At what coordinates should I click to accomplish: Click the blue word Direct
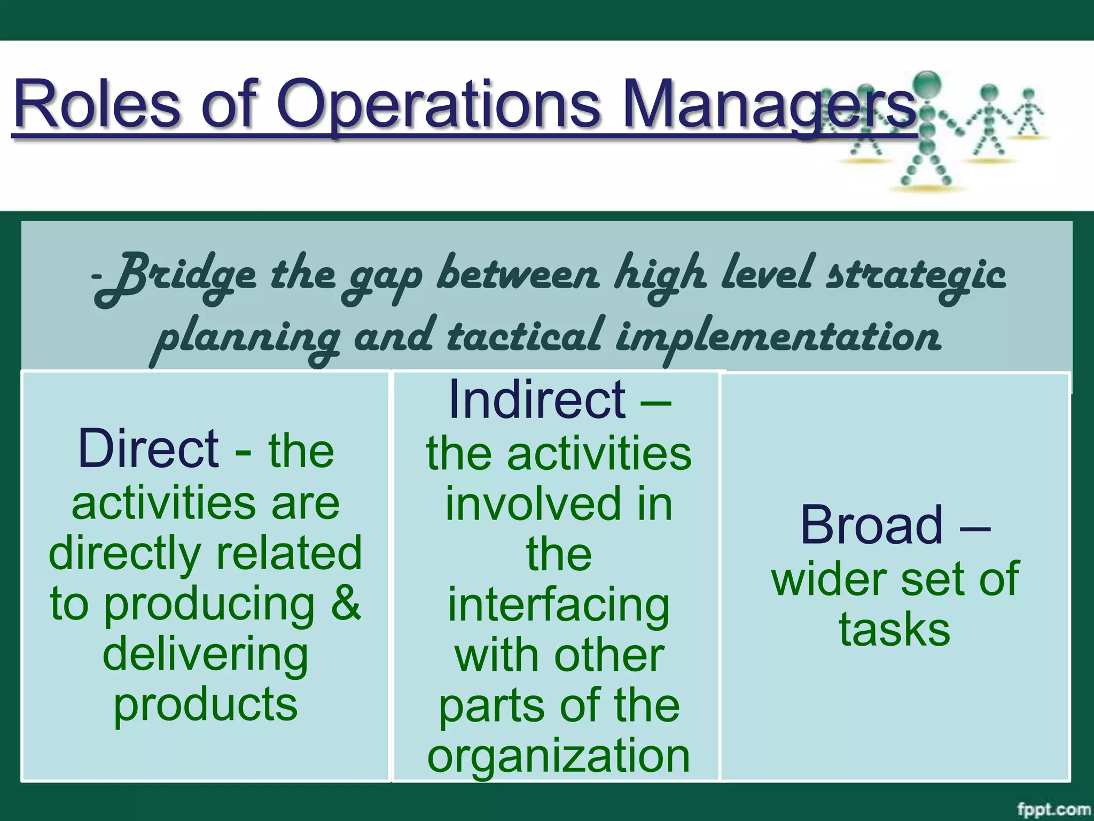pyautogui.click(x=148, y=449)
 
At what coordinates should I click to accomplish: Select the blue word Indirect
pyautogui.click(x=537, y=400)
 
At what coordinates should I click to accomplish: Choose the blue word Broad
pyautogui.click(x=871, y=526)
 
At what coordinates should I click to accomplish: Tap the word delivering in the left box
pyautogui.click(x=205, y=655)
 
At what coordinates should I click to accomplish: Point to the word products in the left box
pyautogui.click(x=205, y=706)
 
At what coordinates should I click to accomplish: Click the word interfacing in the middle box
pyautogui.click(x=558, y=606)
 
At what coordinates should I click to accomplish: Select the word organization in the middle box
pyautogui.click(x=558, y=756)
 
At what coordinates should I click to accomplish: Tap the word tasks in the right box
pyautogui.click(x=894, y=630)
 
